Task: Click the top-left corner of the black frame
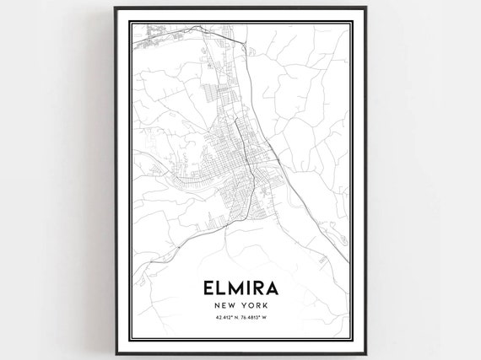coord(115,15)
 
